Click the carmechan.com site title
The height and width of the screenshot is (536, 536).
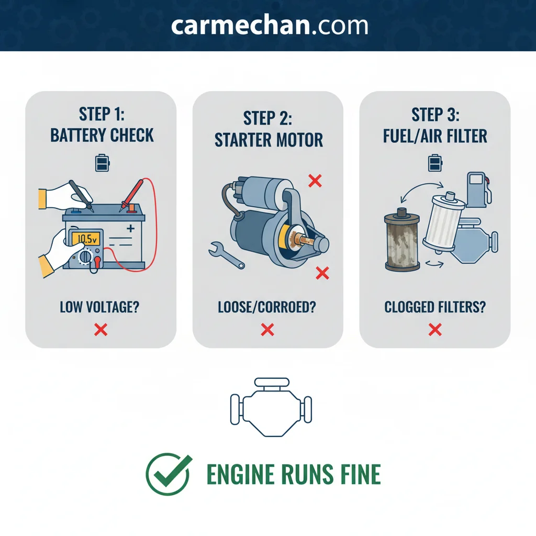[x=270, y=25]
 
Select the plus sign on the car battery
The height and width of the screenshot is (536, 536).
[x=130, y=228]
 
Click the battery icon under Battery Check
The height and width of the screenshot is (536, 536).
[x=102, y=163]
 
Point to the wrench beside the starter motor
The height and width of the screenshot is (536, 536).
[x=226, y=255]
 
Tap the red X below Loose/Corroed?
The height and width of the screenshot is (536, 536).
[x=267, y=330]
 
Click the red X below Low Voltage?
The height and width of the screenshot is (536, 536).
[x=101, y=330]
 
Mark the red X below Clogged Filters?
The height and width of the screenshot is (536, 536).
[x=435, y=330]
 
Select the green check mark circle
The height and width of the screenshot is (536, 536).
[x=168, y=474]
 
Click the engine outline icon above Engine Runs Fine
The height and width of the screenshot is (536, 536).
[x=271, y=407]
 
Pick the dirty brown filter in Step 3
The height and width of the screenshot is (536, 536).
[x=402, y=240]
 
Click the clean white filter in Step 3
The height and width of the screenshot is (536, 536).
[x=444, y=222]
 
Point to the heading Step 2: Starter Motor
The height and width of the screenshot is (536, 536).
[x=269, y=129]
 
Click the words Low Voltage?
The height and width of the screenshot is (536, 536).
[x=99, y=307]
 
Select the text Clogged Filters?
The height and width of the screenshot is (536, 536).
[x=435, y=307]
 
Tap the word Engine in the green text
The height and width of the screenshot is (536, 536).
[x=241, y=474]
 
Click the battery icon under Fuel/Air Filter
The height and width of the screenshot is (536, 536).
[x=435, y=163]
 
